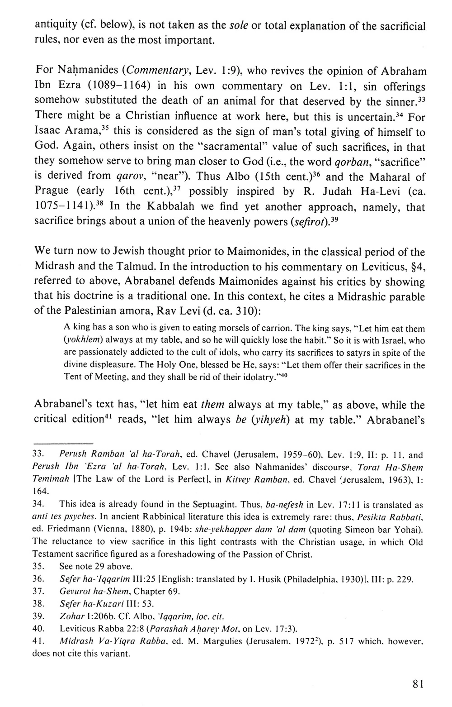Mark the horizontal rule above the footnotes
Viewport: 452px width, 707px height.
64,443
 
